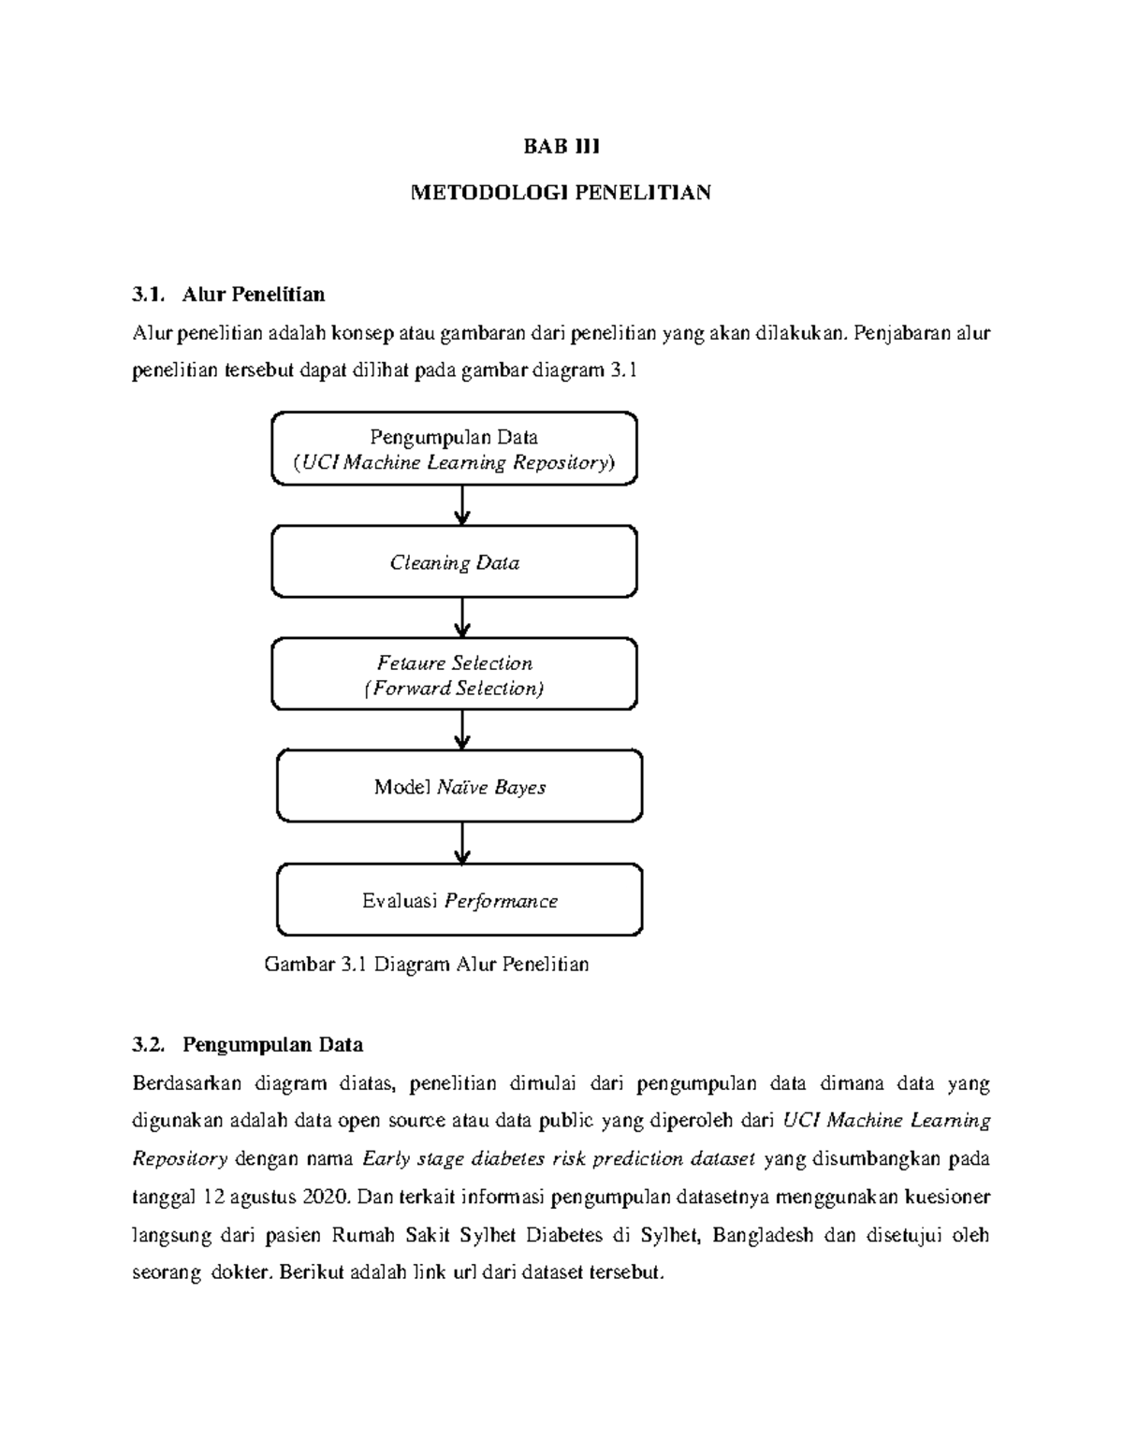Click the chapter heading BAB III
point(561,147)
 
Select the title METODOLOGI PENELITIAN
point(561,193)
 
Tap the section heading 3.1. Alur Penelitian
point(229,295)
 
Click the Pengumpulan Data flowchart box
point(454,449)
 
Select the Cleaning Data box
point(454,562)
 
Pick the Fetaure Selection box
point(454,675)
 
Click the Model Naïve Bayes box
point(459,787)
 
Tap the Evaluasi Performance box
point(459,901)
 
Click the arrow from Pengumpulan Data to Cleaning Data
point(461,505)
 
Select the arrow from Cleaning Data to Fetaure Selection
point(461,618)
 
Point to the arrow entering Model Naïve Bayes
point(461,730)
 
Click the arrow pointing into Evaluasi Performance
point(461,844)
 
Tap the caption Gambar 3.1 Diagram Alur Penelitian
point(427,964)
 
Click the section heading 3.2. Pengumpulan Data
point(248,1044)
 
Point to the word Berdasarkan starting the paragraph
point(187,1083)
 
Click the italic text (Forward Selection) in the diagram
point(454,689)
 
